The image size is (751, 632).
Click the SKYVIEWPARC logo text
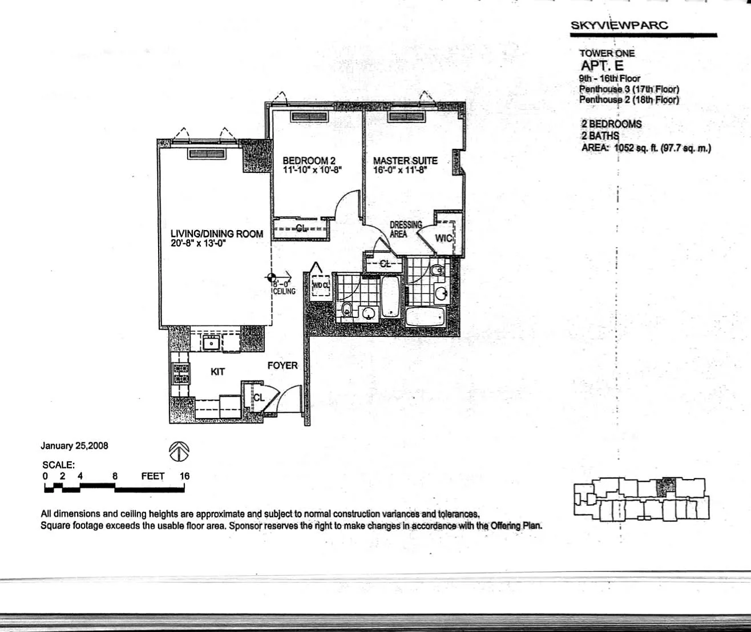(x=619, y=25)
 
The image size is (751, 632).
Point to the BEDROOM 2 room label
(x=309, y=160)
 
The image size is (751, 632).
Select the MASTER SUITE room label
(x=405, y=160)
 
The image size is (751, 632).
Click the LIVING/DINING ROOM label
(x=217, y=234)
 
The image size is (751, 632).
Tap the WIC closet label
(x=443, y=238)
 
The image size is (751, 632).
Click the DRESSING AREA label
(x=406, y=230)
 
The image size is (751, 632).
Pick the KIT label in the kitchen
(x=217, y=372)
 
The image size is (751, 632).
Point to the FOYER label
(x=282, y=365)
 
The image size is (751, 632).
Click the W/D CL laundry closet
(x=321, y=286)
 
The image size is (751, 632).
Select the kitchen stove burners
(x=181, y=374)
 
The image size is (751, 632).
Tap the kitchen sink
(x=212, y=343)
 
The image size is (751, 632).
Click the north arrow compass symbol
(x=179, y=452)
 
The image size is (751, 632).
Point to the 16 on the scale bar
(x=184, y=476)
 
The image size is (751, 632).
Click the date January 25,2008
(x=74, y=446)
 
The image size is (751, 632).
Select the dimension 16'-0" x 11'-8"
(x=400, y=170)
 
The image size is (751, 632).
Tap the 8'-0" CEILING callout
(x=284, y=288)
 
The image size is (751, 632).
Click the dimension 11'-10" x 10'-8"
(x=312, y=170)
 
